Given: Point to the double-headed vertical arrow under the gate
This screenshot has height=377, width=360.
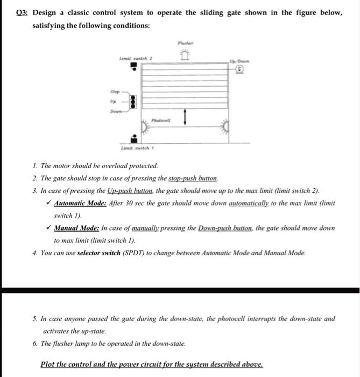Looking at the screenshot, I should [185, 116].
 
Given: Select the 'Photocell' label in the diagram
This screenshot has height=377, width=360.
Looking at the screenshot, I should [161, 121].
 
